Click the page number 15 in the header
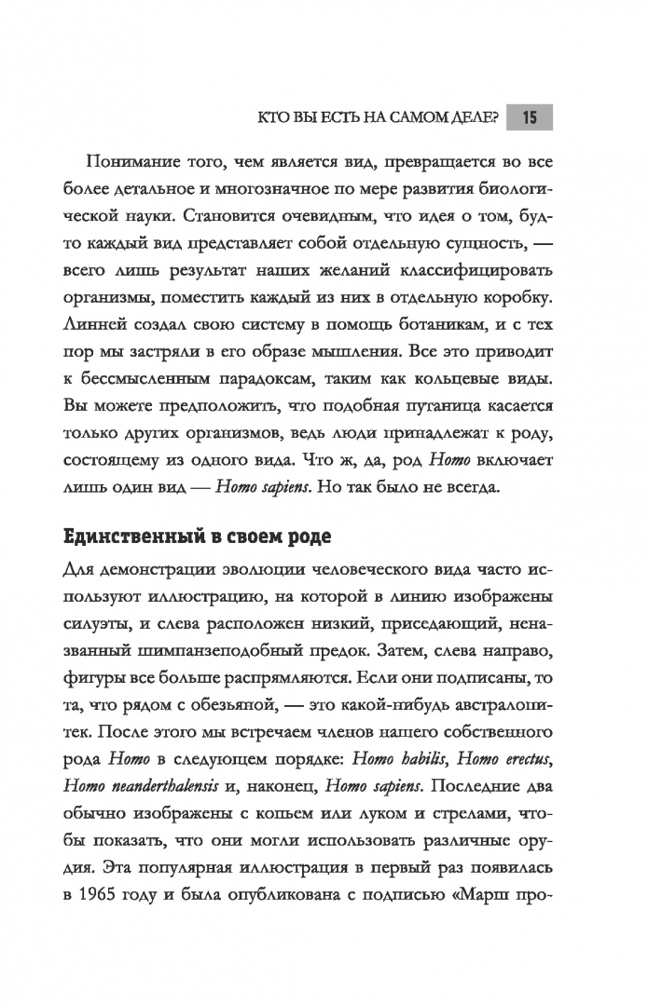click(529, 117)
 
